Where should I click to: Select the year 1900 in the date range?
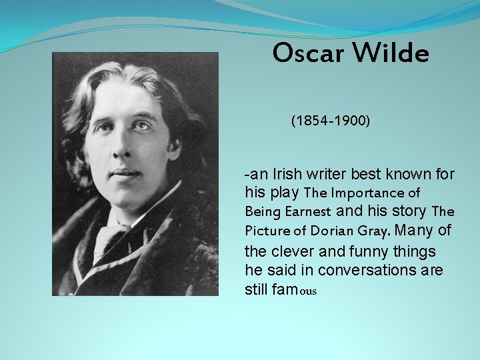pyautogui.click(x=349, y=121)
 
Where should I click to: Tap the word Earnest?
pyautogui.click(x=308, y=212)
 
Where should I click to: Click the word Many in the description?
pyautogui.click(x=417, y=231)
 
